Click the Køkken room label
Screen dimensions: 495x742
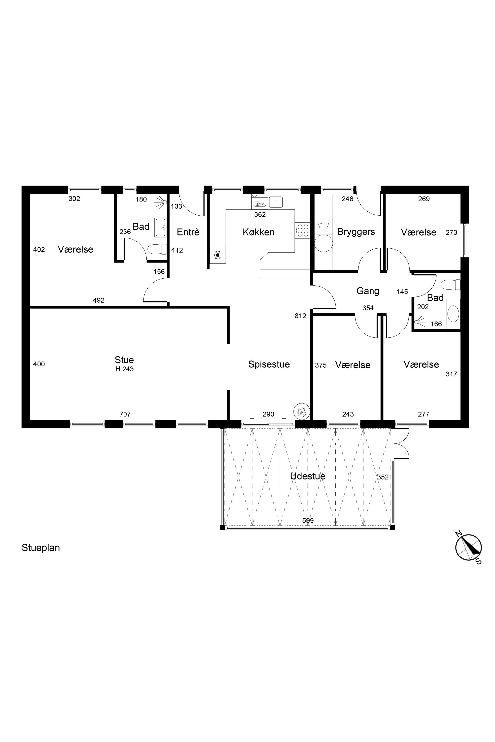pyautogui.click(x=258, y=232)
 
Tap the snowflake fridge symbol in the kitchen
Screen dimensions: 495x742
pyautogui.click(x=218, y=255)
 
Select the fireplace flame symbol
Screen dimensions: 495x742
pyautogui.click(x=302, y=411)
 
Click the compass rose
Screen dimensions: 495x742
pyautogui.click(x=469, y=548)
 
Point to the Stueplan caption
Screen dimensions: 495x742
pyautogui.click(x=41, y=548)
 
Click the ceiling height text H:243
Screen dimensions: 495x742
pyautogui.click(x=124, y=369)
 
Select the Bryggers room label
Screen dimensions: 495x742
pyautogui.click(x=356, y=232)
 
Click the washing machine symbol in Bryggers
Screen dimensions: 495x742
pyautogui.click(x=324, y=243)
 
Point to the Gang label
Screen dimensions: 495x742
pyautogui.click(x=368, y=291)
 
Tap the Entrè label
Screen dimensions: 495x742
pyautogui.click(x=188, y=232)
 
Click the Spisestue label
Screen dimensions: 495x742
pyautogui.click(x=269, y=364)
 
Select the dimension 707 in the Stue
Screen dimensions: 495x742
pyautogui.click(x=125, y=414)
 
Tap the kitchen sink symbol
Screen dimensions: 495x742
pyautogui.click(x=276, y=202)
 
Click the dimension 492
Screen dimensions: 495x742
pyautogui.click(x=99, y=301)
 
